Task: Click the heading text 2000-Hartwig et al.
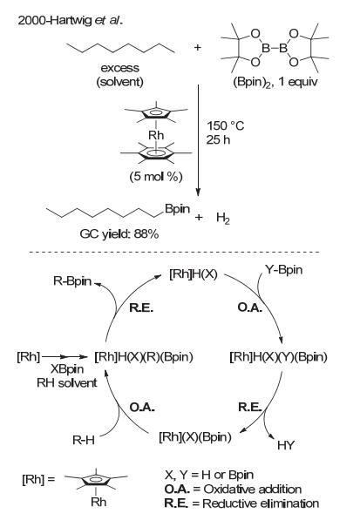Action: click(71, 21)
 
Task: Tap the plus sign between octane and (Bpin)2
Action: click(198, 47)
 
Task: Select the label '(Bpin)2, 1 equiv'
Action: click(275, 82)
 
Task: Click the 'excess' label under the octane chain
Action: click(119, 68)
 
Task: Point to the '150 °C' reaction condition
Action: click(226, 125)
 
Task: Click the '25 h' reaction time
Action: click(218, 139)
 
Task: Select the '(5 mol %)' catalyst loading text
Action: click(156, 176)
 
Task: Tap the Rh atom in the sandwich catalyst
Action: click(156, 135)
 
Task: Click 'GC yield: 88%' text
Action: click(119, 234)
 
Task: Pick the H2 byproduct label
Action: click(223, 219)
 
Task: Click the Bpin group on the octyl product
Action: click(178, 209)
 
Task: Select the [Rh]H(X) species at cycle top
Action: click(194, 274)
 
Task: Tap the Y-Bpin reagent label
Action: click(284, 270)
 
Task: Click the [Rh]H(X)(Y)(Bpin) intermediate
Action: click(278, 357)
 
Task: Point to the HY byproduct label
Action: click(286, 445)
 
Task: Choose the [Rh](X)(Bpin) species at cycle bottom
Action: click(195, 436)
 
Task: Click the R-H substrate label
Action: click(84, 440)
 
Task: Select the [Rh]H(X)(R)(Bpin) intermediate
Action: click(144, 357)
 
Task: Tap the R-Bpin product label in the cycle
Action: click(72, 280)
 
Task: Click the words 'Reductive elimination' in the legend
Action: click(261, 503)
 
